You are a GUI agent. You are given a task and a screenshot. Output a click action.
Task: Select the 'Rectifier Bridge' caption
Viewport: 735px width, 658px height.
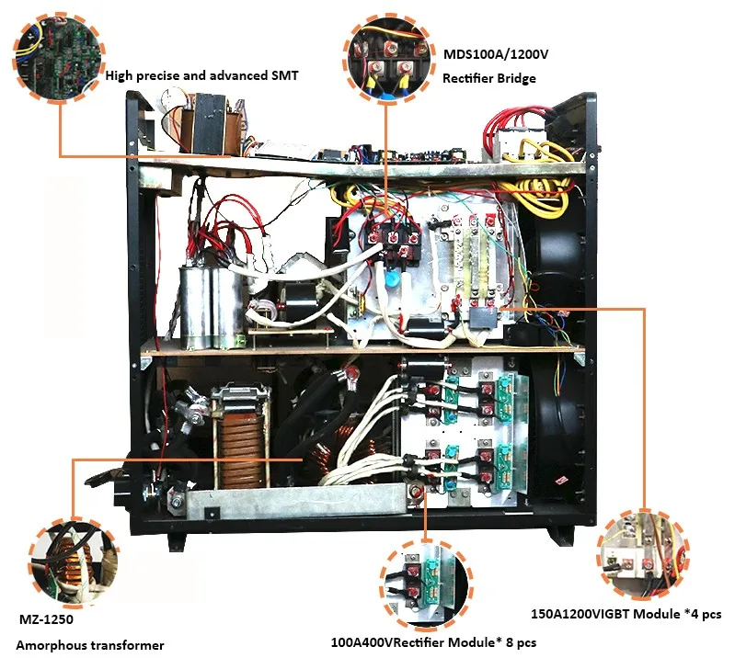489,78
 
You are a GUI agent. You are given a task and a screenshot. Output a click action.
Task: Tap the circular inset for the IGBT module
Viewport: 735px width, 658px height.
640,553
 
